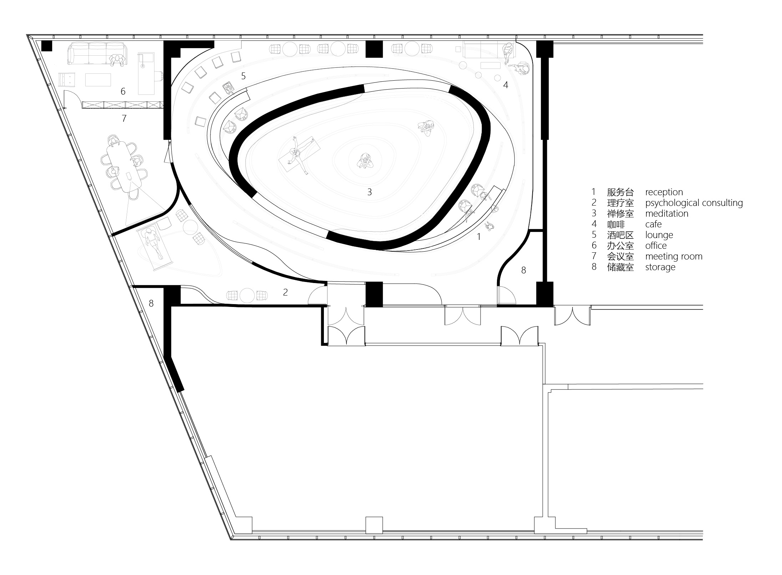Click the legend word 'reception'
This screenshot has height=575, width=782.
(664, 192)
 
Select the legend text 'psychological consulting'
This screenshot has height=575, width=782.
(694, 203)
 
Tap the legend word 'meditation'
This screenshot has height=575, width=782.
(667, 213)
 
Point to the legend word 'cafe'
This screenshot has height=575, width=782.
(653, 224)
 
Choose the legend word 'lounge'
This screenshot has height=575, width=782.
(659, 235)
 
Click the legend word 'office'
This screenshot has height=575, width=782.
(656, 246)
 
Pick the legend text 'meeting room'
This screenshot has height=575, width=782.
(674, 256)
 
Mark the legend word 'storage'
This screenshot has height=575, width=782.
(660, 267)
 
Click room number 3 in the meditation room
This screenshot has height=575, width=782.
(370, 192)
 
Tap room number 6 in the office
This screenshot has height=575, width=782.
(123, 91)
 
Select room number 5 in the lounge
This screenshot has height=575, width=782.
(243, 76)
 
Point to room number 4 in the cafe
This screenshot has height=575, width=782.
(506, 85)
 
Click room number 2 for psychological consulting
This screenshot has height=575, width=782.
(285, 292)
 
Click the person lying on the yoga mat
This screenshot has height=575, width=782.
(299, 155)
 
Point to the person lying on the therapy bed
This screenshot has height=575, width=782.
(153, 244)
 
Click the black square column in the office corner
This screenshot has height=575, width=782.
(47, 46)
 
